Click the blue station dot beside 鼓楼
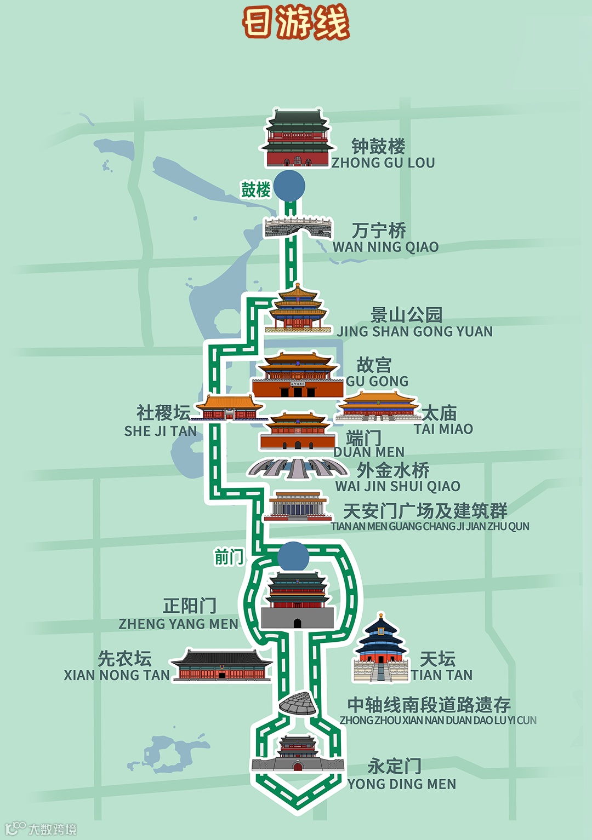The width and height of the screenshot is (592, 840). tap(289, 185)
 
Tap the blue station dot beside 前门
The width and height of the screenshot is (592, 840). tap(293, 557)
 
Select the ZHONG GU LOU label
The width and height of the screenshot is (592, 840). tap(383, 163)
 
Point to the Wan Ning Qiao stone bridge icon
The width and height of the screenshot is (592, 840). tap(298, 227)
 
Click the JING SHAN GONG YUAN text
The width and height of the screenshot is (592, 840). tap(415, 331)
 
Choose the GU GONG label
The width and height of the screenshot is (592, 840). tap(377, 381)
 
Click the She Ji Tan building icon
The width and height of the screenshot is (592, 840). tap(229, 409)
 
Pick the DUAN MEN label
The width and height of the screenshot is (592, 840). tap(369, 452)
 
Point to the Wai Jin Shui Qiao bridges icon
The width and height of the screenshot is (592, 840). tap(298, 468)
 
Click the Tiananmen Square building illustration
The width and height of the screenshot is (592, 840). tap(298, 506)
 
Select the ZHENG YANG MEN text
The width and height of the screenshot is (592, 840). tap(178, 624)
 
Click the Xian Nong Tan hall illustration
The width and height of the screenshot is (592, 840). tap(221, 665)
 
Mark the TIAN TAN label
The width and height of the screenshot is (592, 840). tap(442, 675)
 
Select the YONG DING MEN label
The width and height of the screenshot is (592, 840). tap(402, 784)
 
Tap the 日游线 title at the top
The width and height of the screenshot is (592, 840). tap(296, 23)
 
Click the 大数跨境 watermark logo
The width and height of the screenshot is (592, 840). tap(41, 829)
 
